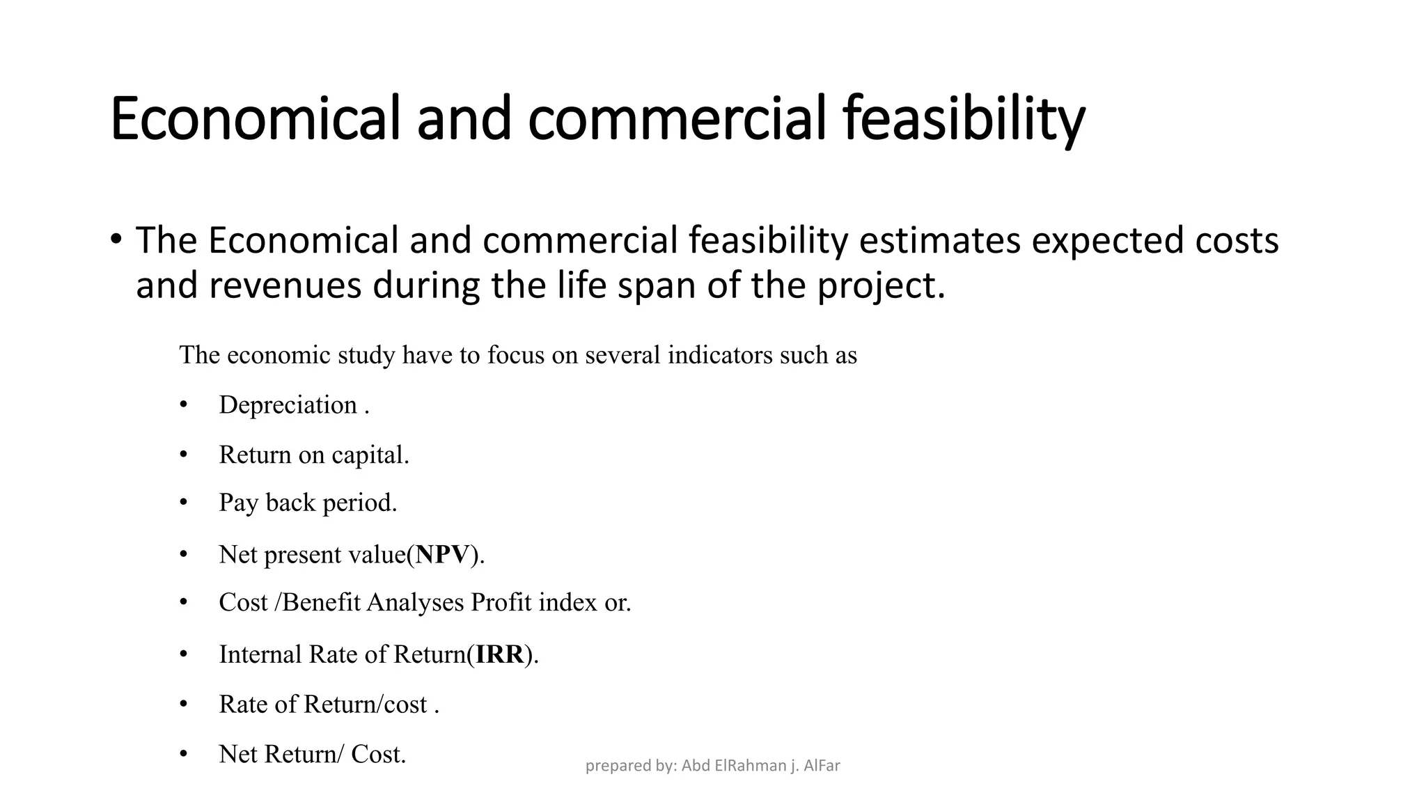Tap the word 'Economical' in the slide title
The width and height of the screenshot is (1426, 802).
click(255, 118)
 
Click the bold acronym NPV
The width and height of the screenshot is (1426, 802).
click(443, 555)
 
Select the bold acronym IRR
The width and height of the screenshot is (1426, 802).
click(499, 654)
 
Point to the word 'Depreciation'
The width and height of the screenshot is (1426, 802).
click(288, 405)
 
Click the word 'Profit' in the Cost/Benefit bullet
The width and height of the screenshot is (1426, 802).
click(501, 602)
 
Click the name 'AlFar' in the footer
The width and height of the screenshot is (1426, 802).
click(822, 766)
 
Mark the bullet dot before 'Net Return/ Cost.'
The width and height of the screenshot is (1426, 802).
click(184, 754)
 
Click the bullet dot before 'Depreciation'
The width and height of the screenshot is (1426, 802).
click(184, 405)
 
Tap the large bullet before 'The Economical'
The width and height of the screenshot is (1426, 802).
click(116, 239)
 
